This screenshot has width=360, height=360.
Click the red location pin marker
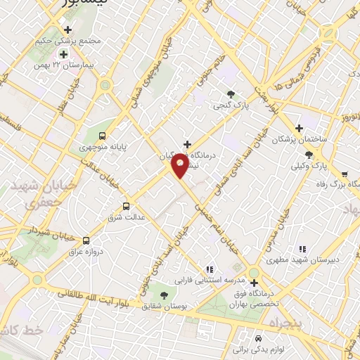181,165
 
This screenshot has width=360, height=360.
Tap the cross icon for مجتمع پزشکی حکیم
67,30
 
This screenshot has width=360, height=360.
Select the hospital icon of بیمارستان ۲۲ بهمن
63,54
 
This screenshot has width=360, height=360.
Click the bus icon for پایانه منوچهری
103,136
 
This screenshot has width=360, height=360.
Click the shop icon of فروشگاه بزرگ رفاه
345,174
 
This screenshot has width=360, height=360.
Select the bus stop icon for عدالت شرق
126,206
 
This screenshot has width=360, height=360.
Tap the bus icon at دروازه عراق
86,240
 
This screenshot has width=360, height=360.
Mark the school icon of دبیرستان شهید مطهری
303,249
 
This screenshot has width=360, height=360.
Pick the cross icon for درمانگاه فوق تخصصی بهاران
255,283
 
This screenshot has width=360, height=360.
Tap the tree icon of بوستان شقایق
164,296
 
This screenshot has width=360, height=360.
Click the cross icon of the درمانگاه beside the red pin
187,144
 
